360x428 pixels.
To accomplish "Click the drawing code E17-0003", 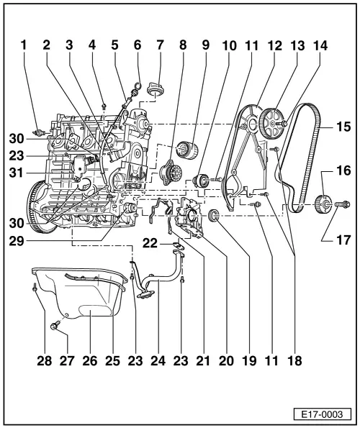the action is tap(322, 414).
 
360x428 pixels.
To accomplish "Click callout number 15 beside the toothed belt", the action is tap(343, 127).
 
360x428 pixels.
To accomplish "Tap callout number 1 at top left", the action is tap(24, 45).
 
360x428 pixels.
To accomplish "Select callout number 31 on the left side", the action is tap(16, 173).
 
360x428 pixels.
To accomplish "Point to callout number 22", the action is tap(150, 242).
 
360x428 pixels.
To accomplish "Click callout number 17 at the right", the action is tap(343, 240).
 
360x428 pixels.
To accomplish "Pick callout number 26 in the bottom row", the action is tap(90, 361).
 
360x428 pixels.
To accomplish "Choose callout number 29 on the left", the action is tap(16, 241).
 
